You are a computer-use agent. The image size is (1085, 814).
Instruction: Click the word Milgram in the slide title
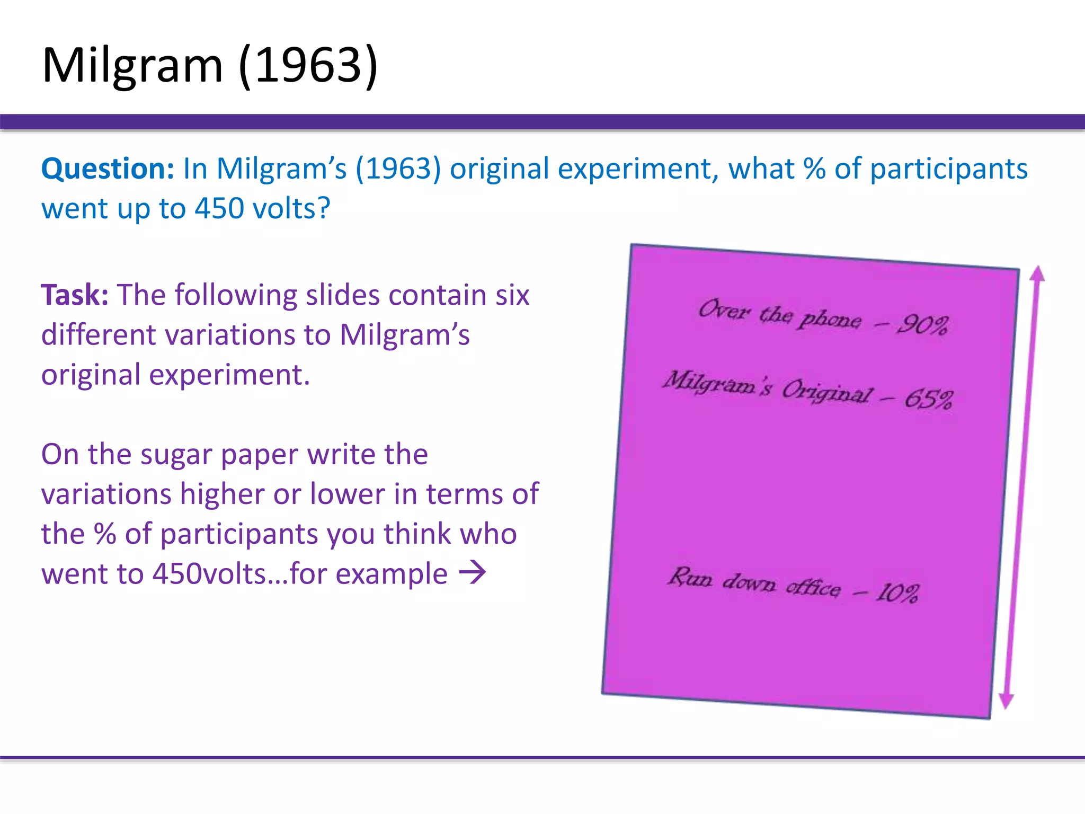[132, 66]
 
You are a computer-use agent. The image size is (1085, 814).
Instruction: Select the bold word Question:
[108, 170]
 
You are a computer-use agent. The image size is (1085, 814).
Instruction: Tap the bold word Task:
[75, 295]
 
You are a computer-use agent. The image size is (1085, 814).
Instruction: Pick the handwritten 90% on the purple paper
[922, 324]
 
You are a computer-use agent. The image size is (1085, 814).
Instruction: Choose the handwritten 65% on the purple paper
[928, 399]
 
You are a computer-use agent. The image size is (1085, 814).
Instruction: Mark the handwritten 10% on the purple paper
[897, 592]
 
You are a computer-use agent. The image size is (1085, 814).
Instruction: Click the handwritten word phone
[830, 319]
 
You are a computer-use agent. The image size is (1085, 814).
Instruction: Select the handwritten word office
[813, 587]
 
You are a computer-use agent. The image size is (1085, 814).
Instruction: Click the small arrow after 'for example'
[472, 572]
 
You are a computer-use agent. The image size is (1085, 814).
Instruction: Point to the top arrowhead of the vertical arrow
[1037, 273]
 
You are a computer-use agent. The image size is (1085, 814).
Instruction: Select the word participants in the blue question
[948, 170]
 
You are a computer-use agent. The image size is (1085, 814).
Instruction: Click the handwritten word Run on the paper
[690, 577]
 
